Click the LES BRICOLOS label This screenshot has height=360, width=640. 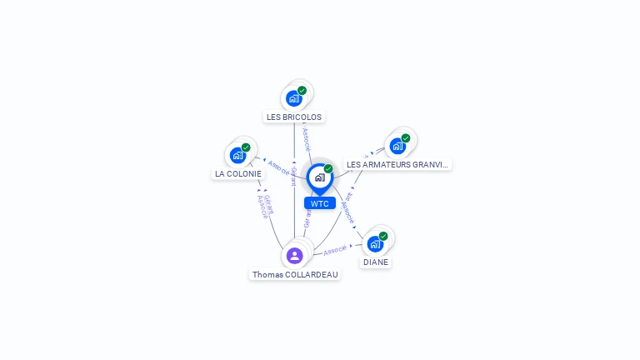294,117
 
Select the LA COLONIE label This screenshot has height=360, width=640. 238,174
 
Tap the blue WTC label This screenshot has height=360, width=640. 320,203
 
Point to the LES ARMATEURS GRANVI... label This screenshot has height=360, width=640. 397,164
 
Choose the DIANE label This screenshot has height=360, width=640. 375,262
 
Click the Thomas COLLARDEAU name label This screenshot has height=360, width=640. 296,274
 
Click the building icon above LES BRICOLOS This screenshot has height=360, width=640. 293,98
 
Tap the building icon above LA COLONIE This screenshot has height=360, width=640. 237,155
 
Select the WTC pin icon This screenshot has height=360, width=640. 319,177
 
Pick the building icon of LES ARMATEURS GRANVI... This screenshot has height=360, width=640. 397,146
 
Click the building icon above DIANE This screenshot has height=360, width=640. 375,243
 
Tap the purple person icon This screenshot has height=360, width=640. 294,255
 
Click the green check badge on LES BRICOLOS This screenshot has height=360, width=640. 302,91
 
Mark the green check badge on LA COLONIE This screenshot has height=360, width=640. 246,147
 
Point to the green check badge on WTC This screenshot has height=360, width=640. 328,169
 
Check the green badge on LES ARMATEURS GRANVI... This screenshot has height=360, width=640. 406,138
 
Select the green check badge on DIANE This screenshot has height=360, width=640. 383,236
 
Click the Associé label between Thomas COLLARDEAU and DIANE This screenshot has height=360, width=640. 335,250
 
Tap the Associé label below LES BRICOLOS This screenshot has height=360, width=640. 306,137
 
